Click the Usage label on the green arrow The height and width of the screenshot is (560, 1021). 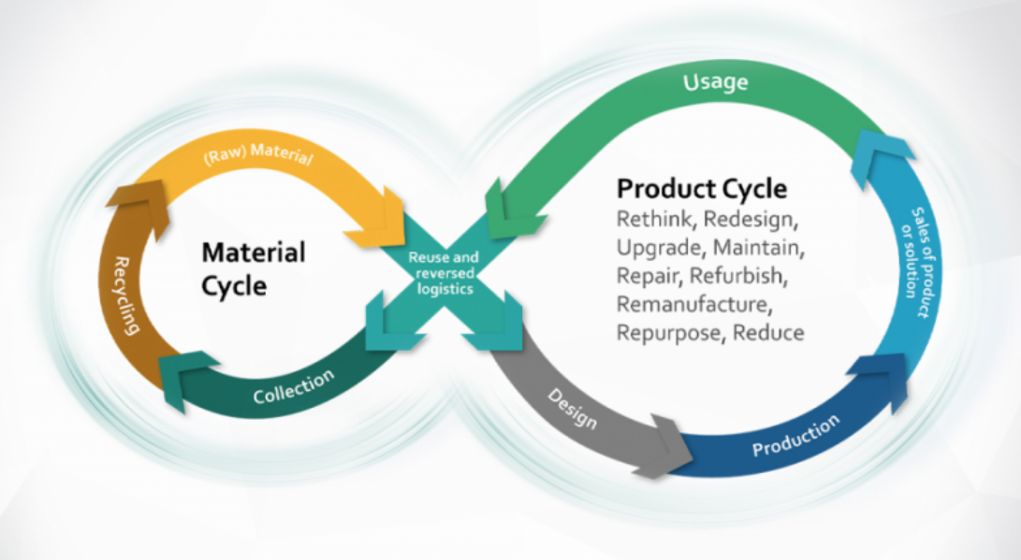[x=716, y=82]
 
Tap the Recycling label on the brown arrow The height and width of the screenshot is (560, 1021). [x=127, y=295]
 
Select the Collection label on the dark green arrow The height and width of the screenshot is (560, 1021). [x=294, y=386]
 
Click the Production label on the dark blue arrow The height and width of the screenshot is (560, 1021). [x=795, y=435]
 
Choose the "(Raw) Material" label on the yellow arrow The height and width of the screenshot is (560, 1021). [x=258, y=155]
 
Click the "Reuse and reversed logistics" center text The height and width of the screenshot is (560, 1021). [x=445, y=273]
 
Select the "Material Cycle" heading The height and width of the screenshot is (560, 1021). [x=254, y=268]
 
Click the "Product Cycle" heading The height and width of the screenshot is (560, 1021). [x=702, y=189]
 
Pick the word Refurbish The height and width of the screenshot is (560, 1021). [x=738, y=276]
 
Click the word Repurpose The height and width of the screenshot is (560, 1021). [x=671, y=333]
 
